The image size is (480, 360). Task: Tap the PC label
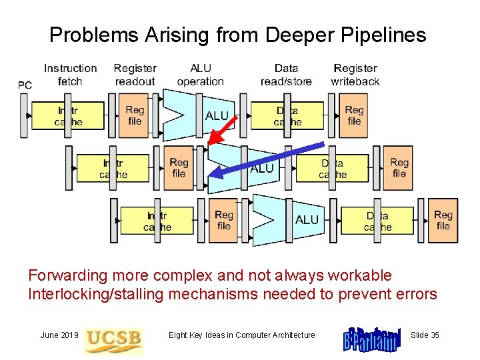pos(25,85)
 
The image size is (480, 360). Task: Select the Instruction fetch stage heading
pos(70,75)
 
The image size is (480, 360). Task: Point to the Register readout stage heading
pos(135,75)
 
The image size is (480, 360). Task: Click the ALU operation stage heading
pos(200,75)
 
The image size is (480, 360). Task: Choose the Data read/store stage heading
pos(286,75)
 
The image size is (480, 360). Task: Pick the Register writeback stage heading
pos(355,75)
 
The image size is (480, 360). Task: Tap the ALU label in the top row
pos(217,116)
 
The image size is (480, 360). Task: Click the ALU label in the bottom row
pos(307,219)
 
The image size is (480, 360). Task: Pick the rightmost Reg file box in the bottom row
pos(443,220)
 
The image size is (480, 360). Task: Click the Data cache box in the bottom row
pos(377,221)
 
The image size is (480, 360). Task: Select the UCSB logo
pos(113,338)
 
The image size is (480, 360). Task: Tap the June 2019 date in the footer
pos(59,335)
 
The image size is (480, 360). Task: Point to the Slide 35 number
pos(425,335)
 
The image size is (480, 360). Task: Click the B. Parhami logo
pos(371,339)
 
